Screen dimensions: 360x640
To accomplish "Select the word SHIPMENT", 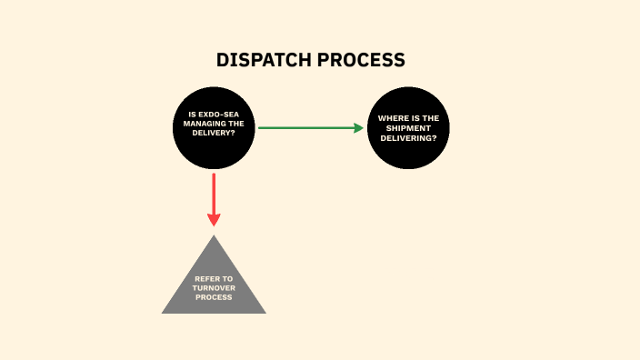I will point(408,128).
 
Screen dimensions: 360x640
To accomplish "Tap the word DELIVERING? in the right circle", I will point(408,138).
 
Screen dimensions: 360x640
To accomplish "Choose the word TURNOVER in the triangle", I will point(214,287).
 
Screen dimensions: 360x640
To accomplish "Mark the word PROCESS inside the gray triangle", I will point(214,296).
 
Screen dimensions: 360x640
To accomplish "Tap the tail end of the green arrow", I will point(260,128).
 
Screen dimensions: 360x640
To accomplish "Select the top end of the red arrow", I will point(214,175).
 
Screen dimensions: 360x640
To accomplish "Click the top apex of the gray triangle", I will point(214,236).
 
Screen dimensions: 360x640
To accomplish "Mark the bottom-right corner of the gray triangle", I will point(265,313).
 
